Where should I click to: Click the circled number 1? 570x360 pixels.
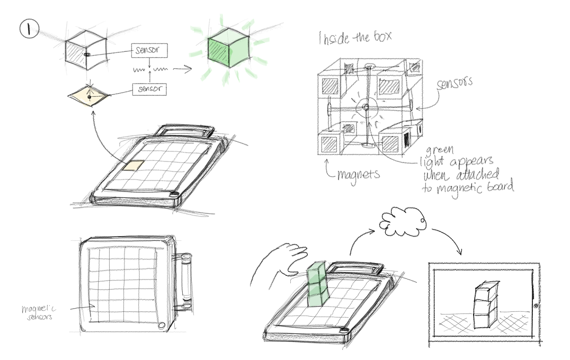click(x=28, y=29)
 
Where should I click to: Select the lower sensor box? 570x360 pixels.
click(x=149, y=88)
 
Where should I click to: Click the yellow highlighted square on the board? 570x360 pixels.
click(x=133, y=166)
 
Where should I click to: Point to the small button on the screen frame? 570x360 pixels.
click(x=535, y=307)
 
